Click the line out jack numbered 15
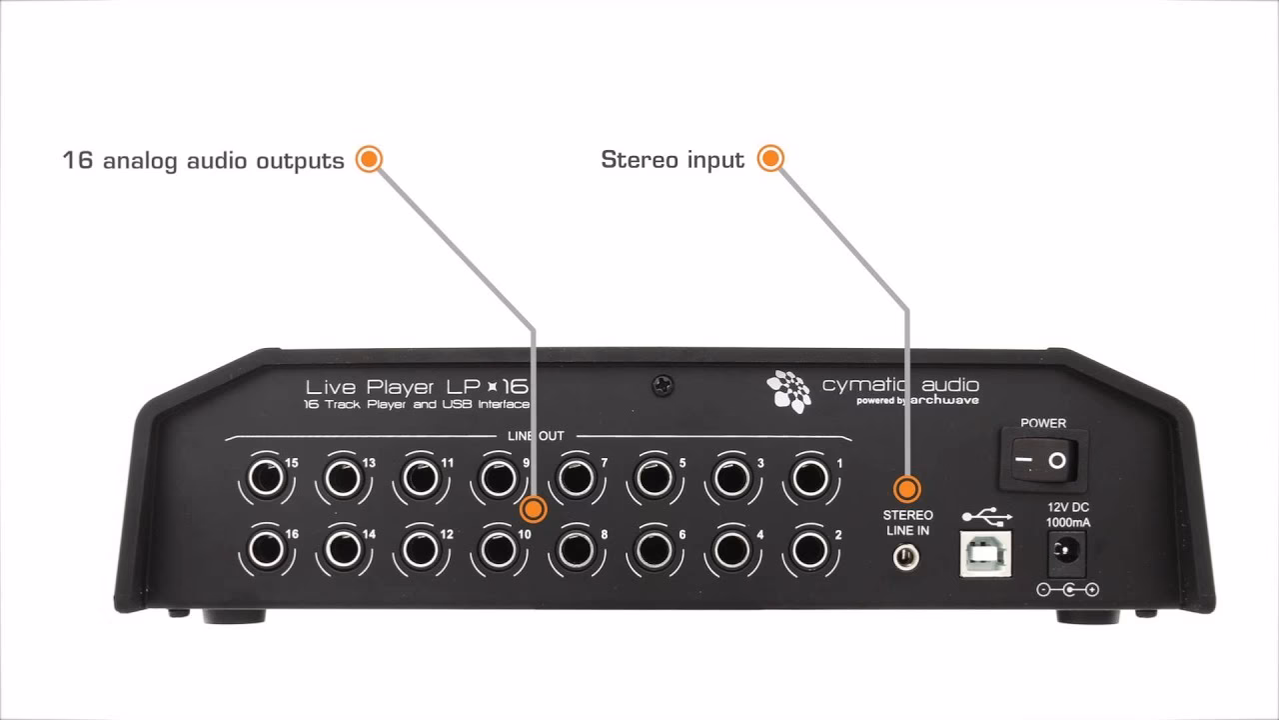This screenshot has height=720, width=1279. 266,477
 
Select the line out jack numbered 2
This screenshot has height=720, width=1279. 809,550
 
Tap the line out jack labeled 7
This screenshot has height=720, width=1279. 577,477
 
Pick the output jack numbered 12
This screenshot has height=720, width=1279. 421,550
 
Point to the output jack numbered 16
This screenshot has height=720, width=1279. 266,550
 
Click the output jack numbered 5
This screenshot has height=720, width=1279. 654,477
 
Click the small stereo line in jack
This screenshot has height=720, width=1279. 906,557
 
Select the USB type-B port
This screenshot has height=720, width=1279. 985,554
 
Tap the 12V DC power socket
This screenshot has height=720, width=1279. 1066,553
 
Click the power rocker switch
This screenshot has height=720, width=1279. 1042,460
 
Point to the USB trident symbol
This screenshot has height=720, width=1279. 987,516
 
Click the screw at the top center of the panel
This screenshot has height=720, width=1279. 662,386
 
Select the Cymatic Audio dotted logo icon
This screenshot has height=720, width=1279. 789,391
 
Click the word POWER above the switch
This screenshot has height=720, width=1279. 1043,423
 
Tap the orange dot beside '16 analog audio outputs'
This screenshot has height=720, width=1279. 369,159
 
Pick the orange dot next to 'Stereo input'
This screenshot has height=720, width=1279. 770,158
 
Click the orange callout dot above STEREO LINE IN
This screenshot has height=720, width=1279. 906,489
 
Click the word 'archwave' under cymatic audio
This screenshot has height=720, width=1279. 945,400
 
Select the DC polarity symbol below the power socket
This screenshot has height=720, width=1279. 1068,589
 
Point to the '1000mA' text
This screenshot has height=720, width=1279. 1068,522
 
